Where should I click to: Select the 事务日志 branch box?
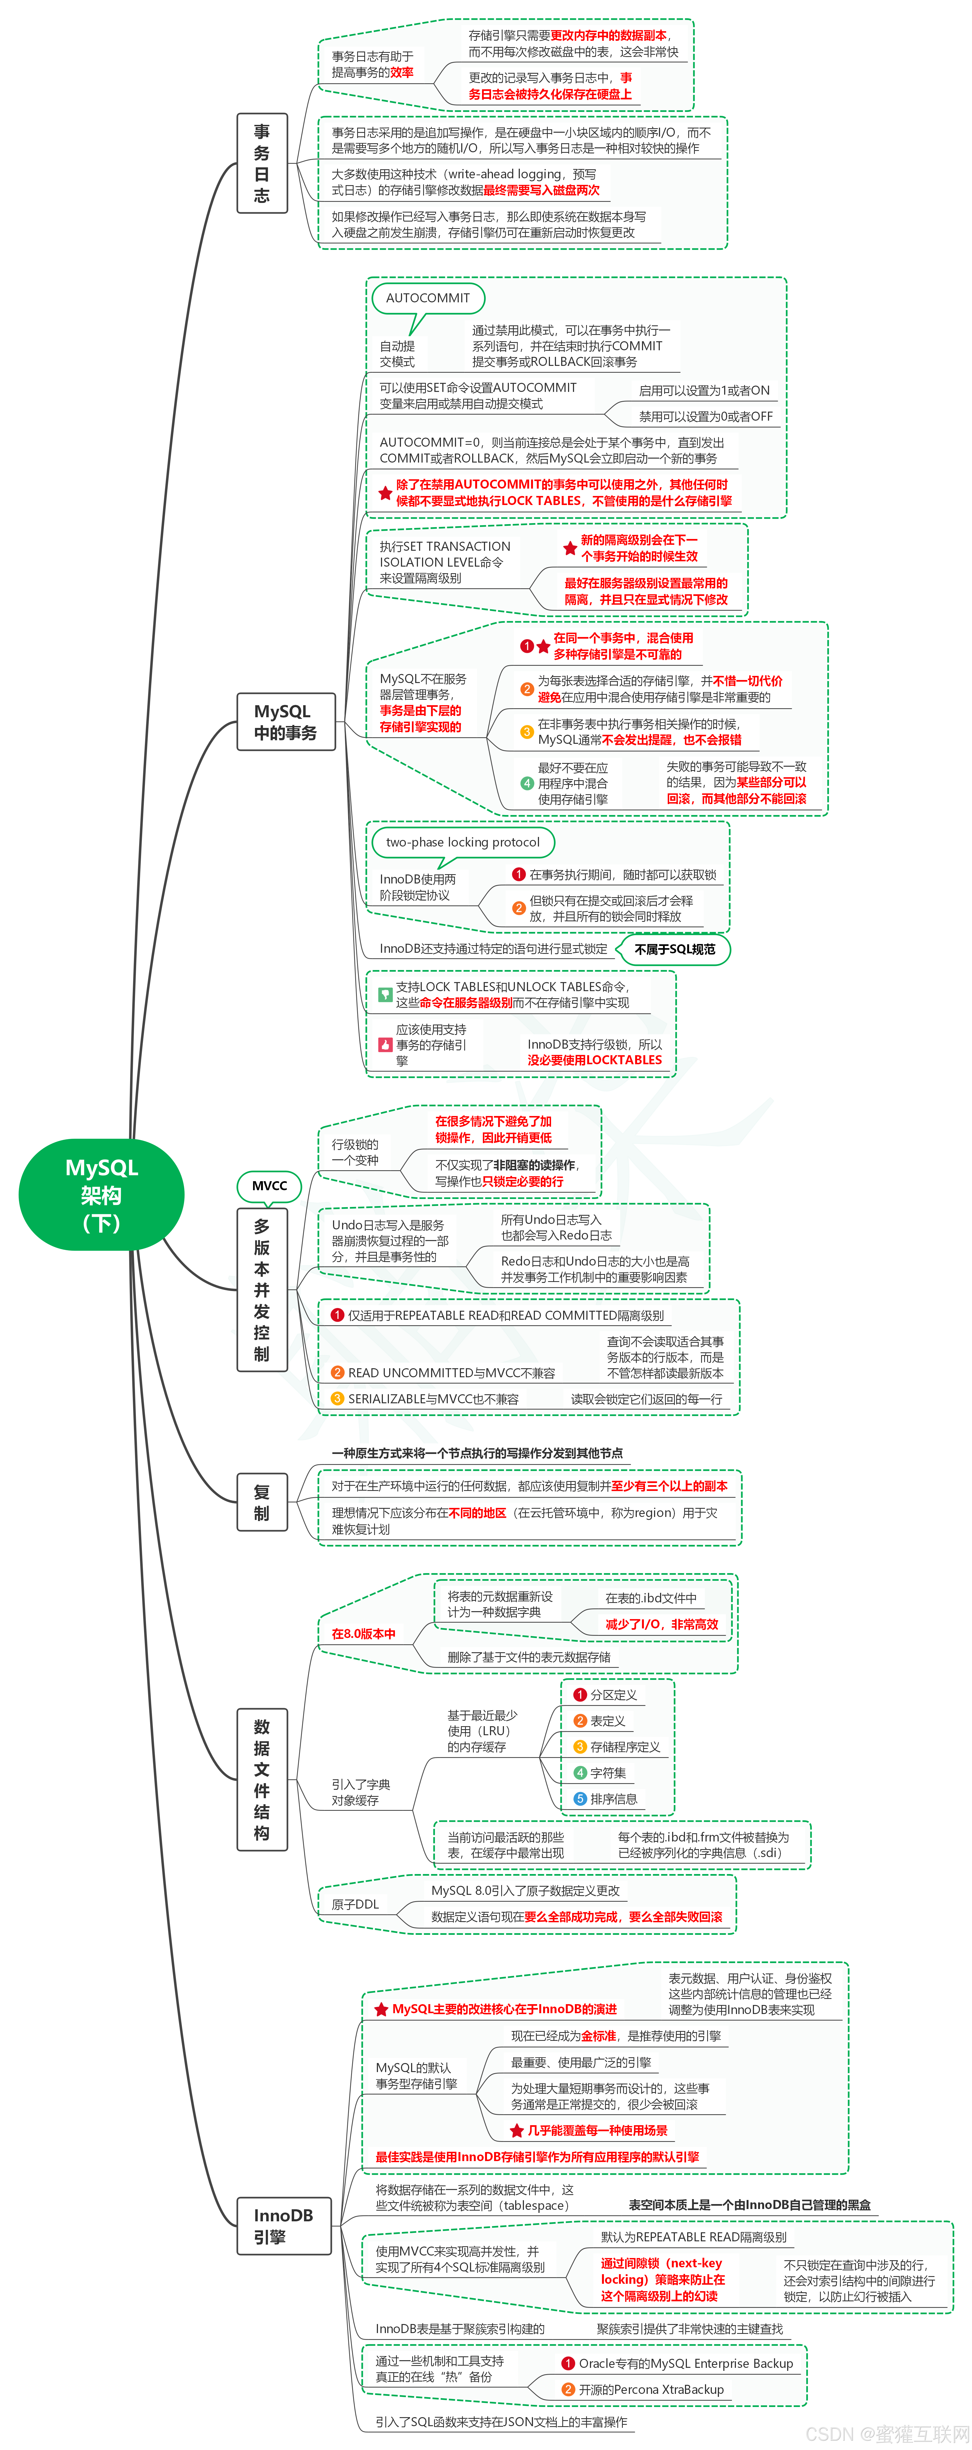262,163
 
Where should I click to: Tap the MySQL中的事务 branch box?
285,722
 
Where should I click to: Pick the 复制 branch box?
262,1503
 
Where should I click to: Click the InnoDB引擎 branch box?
283,2225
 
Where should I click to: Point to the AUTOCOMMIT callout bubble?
428,298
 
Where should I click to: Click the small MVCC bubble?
269,1186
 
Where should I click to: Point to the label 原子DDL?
355,1904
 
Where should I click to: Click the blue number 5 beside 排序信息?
580,1798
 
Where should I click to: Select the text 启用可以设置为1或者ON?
704,390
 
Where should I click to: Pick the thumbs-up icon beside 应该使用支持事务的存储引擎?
385,1044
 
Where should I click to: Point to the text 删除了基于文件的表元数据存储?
529,1657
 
